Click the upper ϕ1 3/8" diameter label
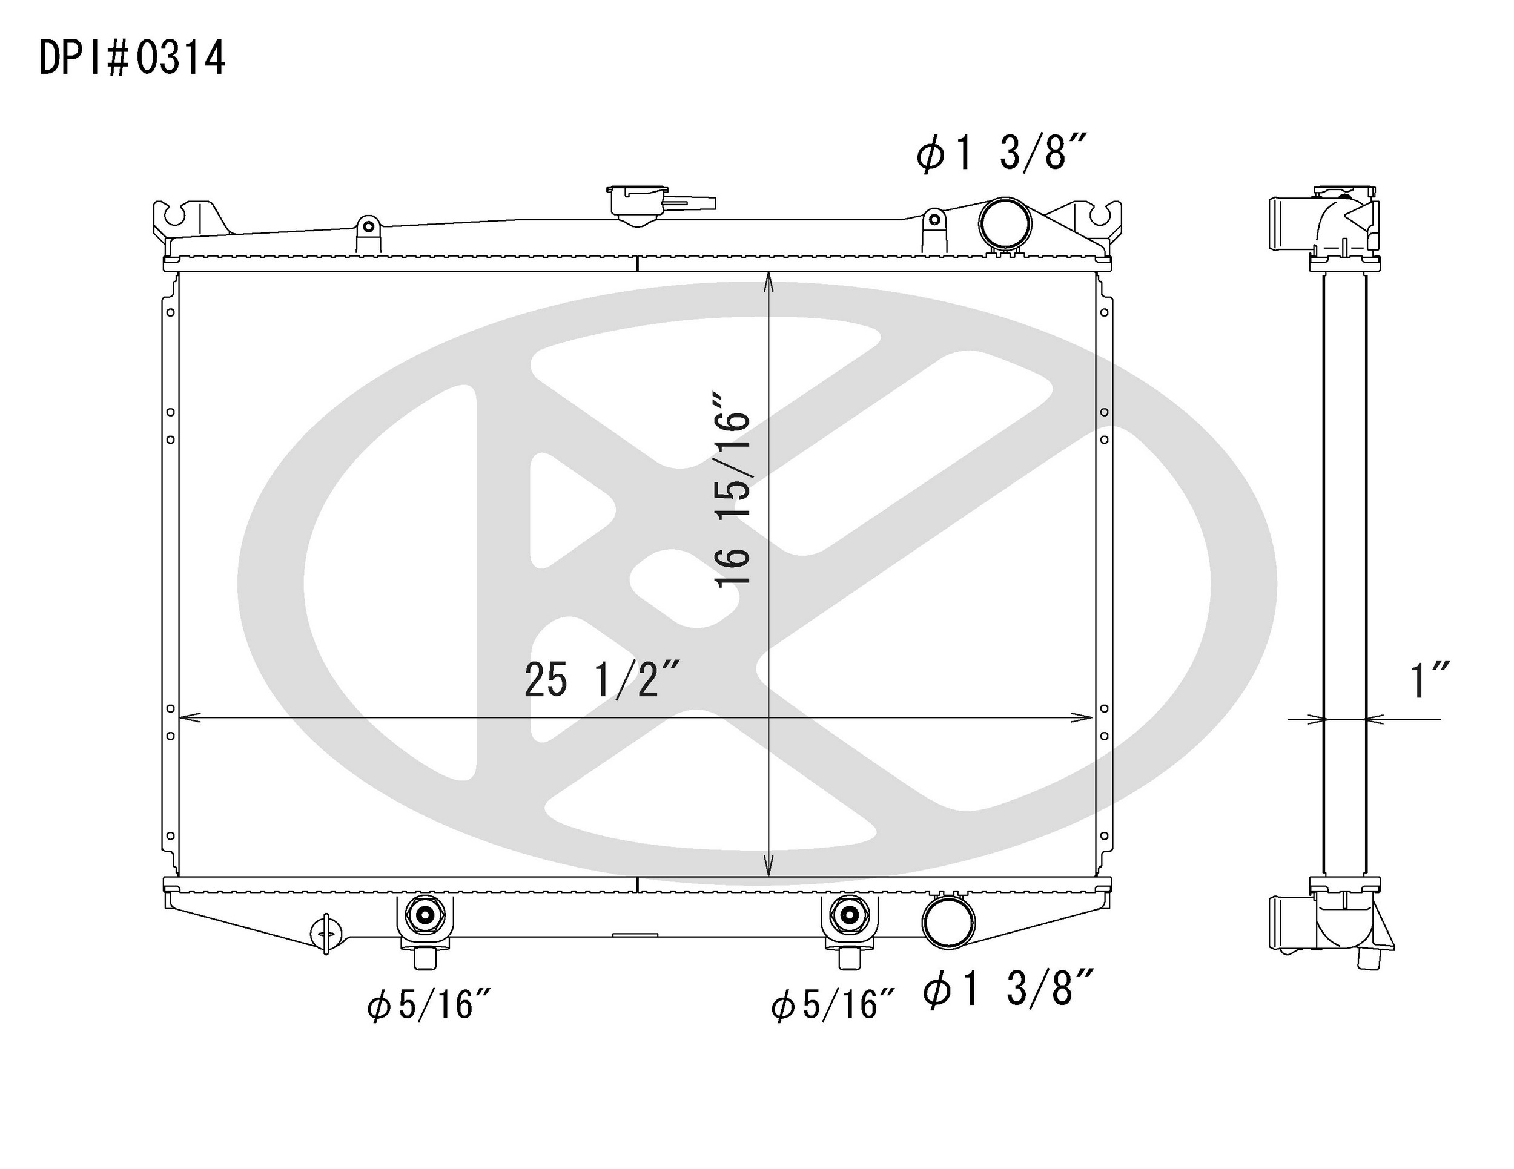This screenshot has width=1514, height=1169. point(1001,153)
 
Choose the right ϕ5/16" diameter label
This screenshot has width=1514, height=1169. point(833,1004)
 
